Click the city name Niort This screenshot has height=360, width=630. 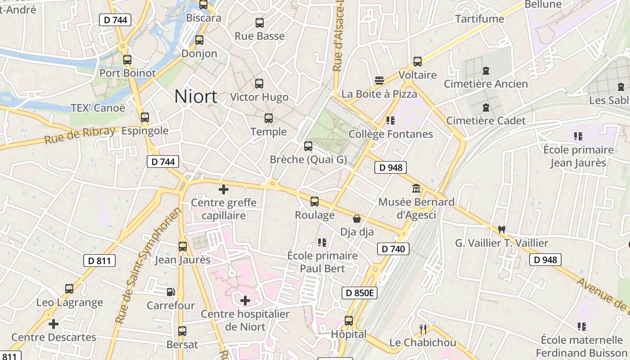196,96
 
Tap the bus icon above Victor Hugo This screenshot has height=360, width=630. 259,83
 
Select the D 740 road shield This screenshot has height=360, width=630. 393,249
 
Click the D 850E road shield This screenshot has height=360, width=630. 359,293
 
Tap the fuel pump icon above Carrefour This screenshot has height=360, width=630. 171,292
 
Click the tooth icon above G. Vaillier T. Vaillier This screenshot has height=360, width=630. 502,229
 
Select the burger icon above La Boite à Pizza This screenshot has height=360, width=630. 379,81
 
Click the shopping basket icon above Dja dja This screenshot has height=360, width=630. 357,219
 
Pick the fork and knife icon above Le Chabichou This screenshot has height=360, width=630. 423,329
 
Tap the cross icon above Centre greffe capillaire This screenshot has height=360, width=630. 223,189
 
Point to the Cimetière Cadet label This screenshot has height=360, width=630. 486,121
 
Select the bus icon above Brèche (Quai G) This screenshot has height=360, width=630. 308,146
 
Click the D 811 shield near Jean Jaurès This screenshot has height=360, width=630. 99,261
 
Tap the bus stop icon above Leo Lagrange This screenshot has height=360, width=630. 69,289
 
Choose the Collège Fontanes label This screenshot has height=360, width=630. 391,134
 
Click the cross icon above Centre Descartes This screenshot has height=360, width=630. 54,324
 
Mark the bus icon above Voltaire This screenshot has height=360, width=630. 418,62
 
